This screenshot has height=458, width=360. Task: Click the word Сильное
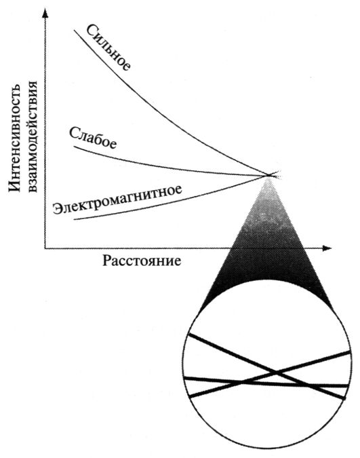(x=108, y=47)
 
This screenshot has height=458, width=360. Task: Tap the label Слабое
(x=93, y=138)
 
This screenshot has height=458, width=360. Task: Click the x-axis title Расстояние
(x=142, y=261)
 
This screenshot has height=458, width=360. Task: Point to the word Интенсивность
(x=14, y=137)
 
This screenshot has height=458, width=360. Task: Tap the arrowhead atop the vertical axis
(x=45, y=13)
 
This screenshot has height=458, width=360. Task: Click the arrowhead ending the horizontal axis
(x=327, y=248)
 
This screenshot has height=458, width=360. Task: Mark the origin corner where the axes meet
(x=45, y=248)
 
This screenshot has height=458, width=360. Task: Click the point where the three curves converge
(x=268, y=176)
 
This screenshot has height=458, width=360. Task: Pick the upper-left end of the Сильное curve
(x=74, y=30)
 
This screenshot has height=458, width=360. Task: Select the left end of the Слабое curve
(x=74, y=147)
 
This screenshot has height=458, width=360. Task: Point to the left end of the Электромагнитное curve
(x=75, y=219)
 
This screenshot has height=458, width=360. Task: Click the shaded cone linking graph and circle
(x=267, y=248)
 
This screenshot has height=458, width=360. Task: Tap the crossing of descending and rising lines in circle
(x=276, y=372)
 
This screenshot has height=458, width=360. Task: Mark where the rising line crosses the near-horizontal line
(x=242, y=381)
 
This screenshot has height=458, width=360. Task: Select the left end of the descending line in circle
(x=190, y=335)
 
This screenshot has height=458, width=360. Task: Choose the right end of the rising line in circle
(x=350, y=352)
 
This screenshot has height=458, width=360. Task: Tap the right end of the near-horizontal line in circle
(x=348, y=386)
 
